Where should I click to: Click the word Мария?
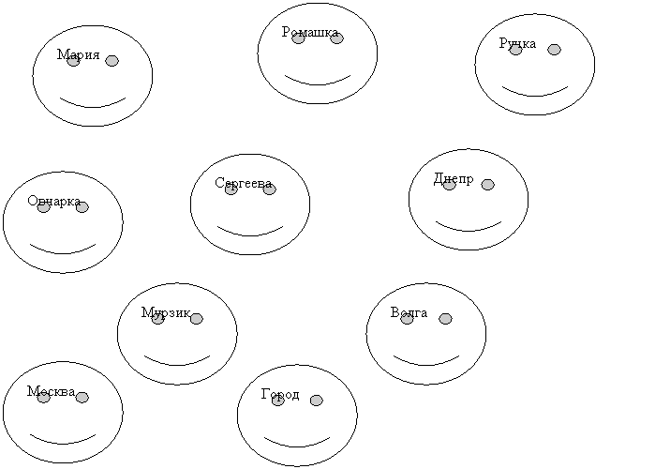[x=79, y=54]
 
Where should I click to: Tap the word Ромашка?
[x=310, y=32]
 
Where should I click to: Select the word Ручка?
[x=517, y=43]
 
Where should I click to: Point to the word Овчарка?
[x=54, y=201]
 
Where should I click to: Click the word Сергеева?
[x=244, y=183]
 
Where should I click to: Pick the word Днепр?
[x=454, y=179]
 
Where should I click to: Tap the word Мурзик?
[x=166, y=312]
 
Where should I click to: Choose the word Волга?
[x=409, y=312]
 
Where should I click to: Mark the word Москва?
[x=52, y=392]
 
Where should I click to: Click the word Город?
[x=280, y=395]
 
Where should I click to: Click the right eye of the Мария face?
[x=112, y=61]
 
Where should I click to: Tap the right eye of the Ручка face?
[x=554, y=50]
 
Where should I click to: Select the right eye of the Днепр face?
[x=487, y=185]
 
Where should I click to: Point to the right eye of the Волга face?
[x=445, y=319]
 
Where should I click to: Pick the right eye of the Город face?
[x=316, y=401]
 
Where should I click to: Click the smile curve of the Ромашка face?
[x=318, y=84]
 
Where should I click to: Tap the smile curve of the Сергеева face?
[x=250, y=235]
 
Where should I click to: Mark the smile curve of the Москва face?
[x=63, y=444]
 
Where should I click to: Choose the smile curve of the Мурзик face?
[x=177, y=365]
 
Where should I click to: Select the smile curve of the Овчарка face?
[x=63, y=253]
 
